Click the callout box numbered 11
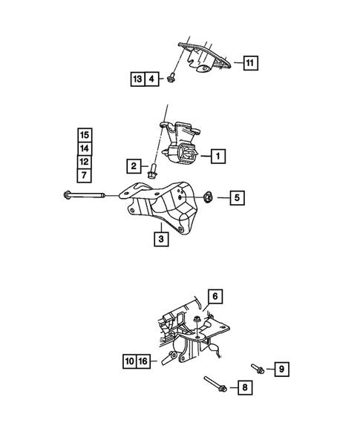pos(250,63)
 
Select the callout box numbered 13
pos(137,78)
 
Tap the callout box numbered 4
pos(151,78)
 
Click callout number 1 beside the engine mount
pos(217,157)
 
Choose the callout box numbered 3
pos(160,239)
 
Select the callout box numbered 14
pos(85,148)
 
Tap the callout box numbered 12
pos(85,161)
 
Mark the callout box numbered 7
pos(85,174)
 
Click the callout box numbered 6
pos(215,297)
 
